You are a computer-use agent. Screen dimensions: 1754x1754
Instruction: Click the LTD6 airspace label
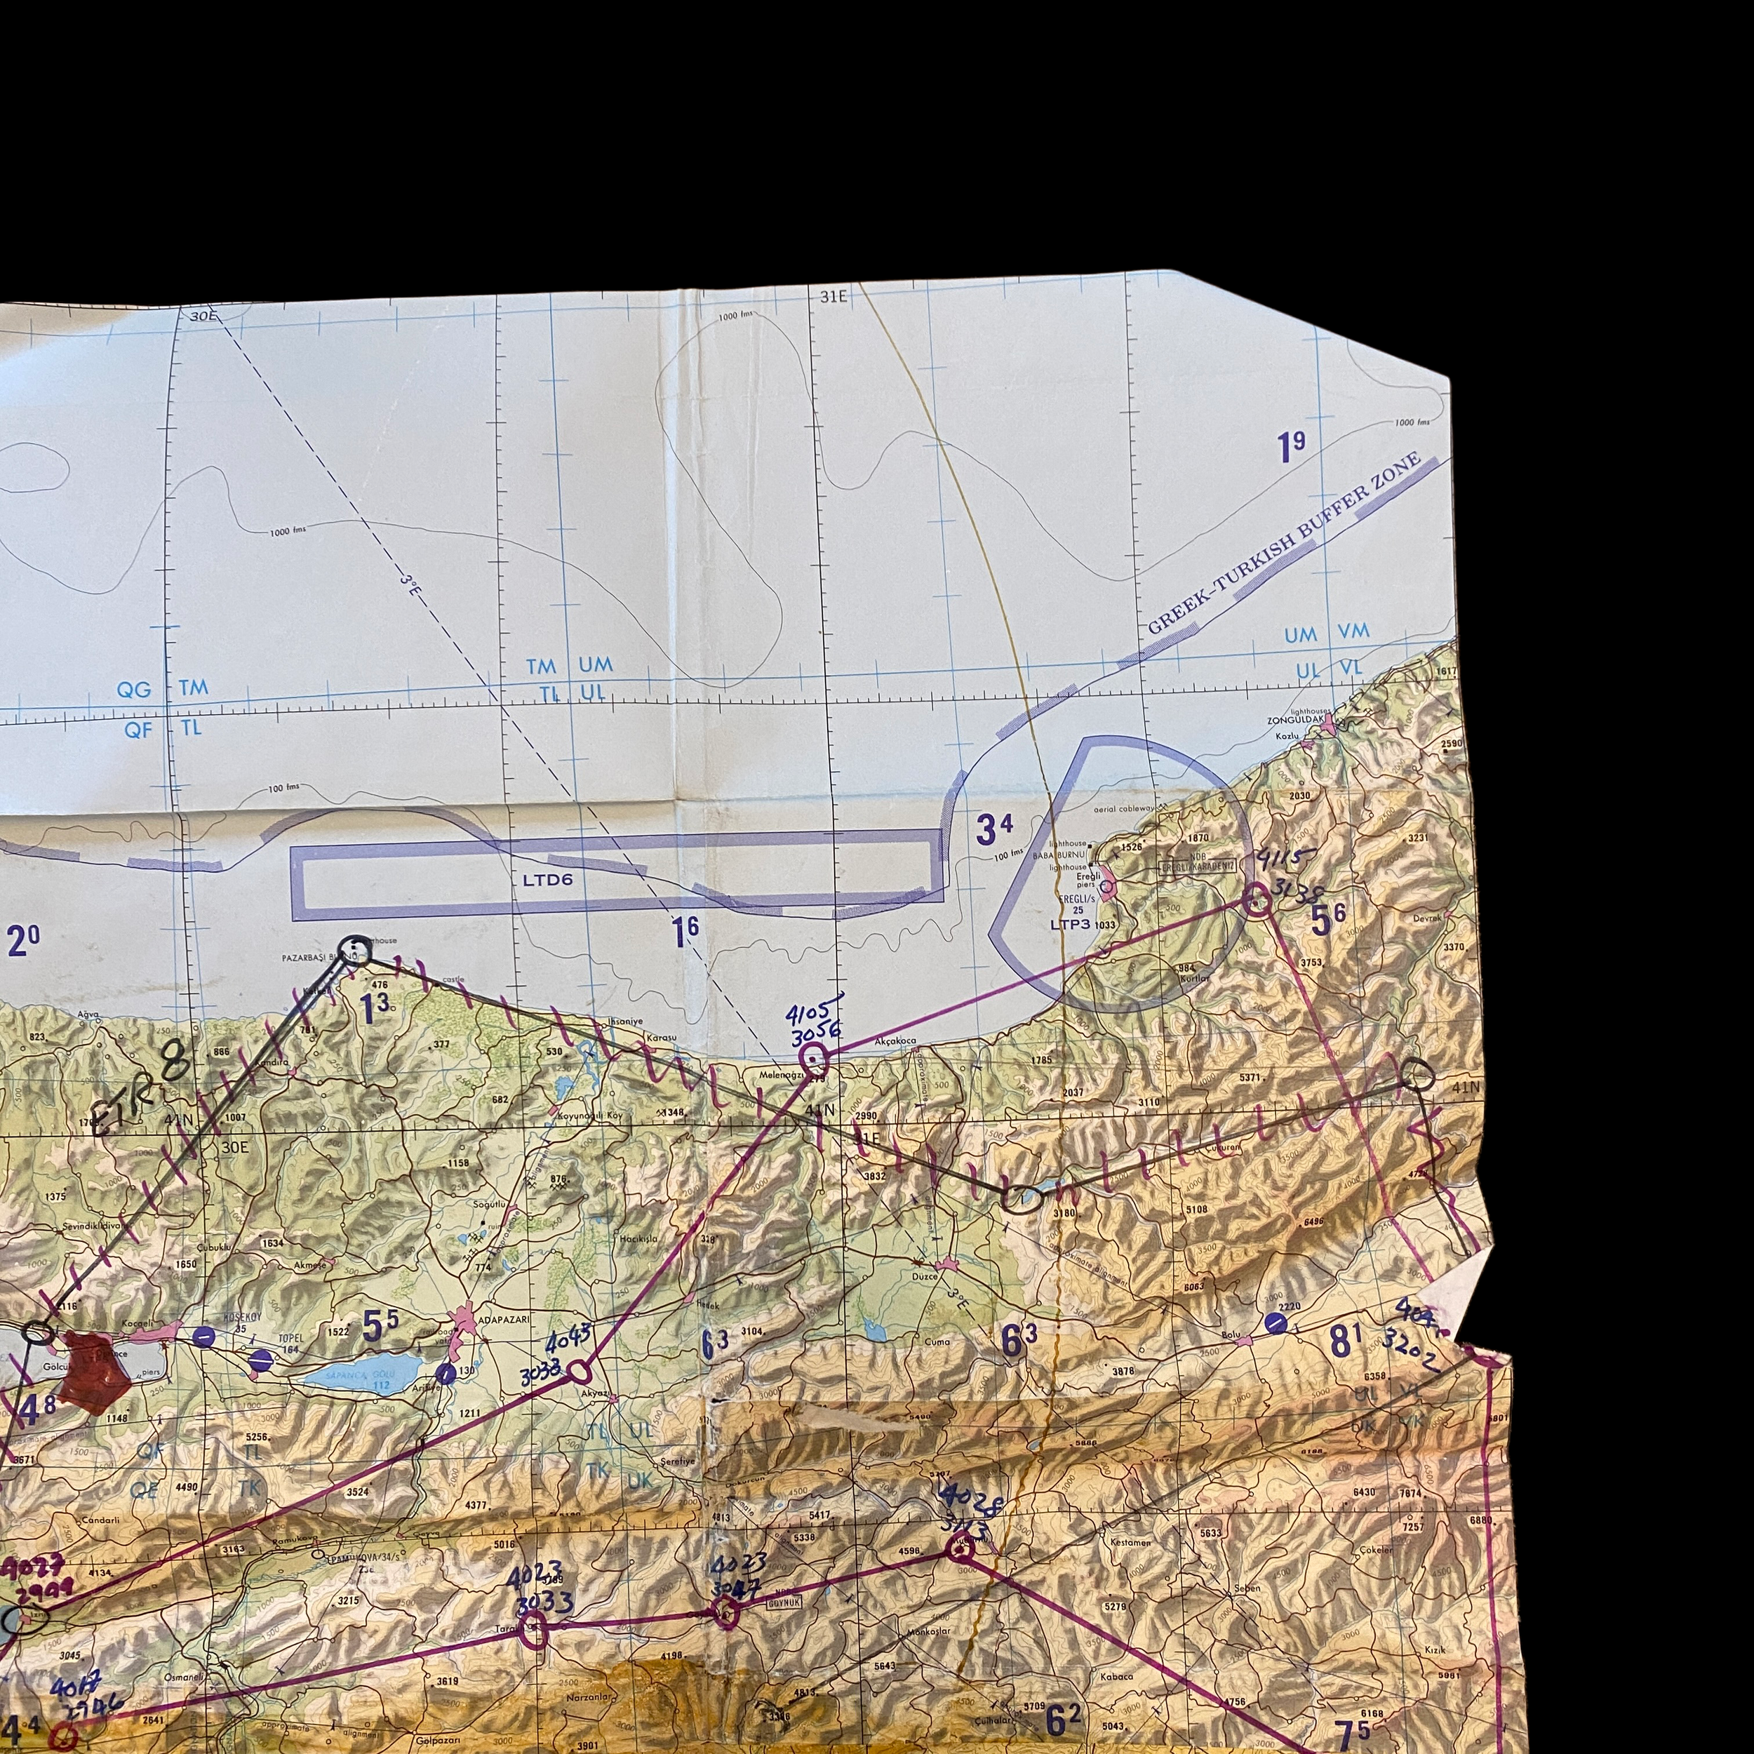pyautogui.click(x=547, y=879)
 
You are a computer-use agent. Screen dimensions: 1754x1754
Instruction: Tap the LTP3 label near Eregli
pyautogui.click(x=1069, y=924)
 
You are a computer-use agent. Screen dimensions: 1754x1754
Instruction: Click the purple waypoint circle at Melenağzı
pyautogui.click(x=813, y=1057)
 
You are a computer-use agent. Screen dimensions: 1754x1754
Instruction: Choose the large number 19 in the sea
pyautogui.click(x=1290, y=447)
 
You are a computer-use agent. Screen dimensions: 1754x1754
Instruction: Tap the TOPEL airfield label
pyautogui.click(x=290, y=1338)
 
